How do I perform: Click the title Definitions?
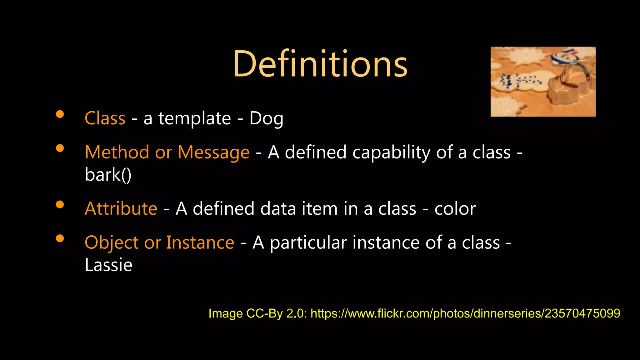(x=320, y=64)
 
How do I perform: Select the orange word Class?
(x=105, y=118)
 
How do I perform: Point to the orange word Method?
(x=117, y=152)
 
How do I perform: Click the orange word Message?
(x=213, y=152)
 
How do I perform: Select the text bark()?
(x=108, y=175)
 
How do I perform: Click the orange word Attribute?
(x=121, y=209)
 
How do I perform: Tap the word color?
(x=455, y=209)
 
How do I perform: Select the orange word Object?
(x=112, y=243)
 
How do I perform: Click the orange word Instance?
(x=200, y=243)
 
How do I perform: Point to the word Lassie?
(x=108, y=265)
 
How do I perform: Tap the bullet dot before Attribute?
(x=60, y=205)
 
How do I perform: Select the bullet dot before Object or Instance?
(x=60, y=239)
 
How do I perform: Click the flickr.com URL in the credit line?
(x=465, y=313)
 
